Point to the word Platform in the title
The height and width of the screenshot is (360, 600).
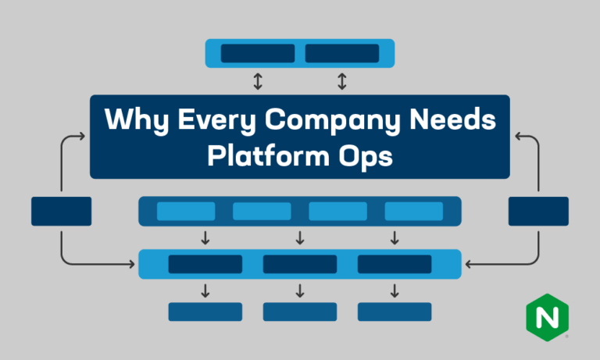tap(263, 155)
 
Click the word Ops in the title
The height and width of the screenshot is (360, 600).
tap(366, 156)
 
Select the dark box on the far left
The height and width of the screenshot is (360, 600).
tap(61, 211)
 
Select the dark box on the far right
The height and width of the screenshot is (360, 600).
tap(538, 211)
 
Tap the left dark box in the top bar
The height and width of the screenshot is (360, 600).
tap(258, 53)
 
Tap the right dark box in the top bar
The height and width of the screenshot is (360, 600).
tap(342, 53)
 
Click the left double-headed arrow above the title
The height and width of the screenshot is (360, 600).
tap(258, 80)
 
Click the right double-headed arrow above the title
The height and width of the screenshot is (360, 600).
tap(341, 80)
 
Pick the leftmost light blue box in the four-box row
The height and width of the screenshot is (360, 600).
tap(186, 211)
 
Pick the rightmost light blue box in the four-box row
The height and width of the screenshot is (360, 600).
tap(414, 211)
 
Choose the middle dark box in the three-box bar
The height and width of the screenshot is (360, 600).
tap(300, 264)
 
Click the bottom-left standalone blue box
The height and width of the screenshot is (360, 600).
tap(205, 312)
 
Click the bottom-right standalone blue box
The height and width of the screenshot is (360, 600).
tap(395, 312)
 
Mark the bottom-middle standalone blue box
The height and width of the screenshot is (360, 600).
tap(300, 312)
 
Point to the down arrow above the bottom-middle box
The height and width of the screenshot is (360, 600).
tap(300, 290)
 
